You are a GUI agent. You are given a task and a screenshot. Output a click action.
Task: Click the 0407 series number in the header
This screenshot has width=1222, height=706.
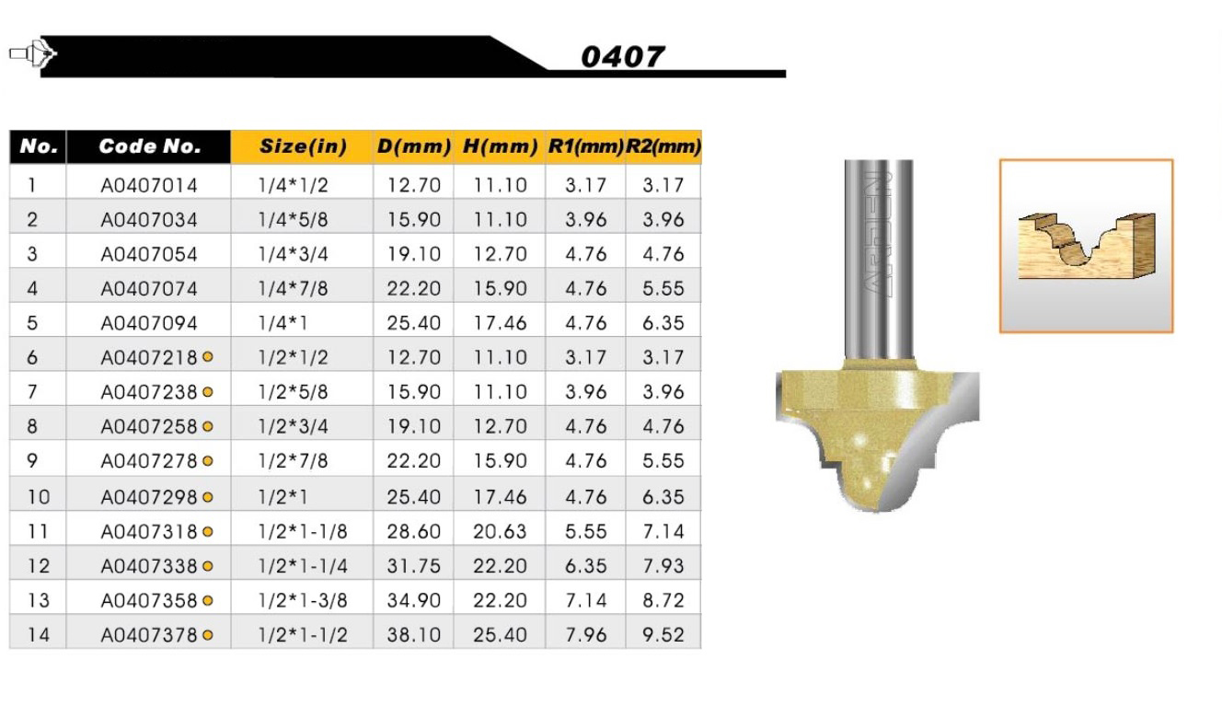click(x=622, y=57)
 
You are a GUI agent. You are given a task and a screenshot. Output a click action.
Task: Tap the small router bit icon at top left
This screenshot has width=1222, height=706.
click(x=33, y=54)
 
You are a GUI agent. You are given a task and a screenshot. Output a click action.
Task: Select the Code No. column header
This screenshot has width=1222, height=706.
click(x=149, y=146)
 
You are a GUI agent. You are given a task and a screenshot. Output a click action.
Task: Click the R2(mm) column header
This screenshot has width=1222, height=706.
click(x=663, y=146)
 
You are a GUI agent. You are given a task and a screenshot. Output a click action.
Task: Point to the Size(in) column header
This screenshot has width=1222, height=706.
click(x=303, y=146)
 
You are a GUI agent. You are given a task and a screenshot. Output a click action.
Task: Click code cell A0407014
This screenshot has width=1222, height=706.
click(x=149, y=186)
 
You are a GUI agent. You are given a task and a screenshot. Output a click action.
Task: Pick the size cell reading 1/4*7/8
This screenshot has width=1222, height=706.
click(x=293, y=288)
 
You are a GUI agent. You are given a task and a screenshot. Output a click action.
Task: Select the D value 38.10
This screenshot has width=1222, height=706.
click(x=413, y=634)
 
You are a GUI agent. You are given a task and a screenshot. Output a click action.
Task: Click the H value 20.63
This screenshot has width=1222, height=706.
click(x=500, y=531)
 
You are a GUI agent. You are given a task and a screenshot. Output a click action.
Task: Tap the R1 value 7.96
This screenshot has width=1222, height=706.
click(x=586, y=634)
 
